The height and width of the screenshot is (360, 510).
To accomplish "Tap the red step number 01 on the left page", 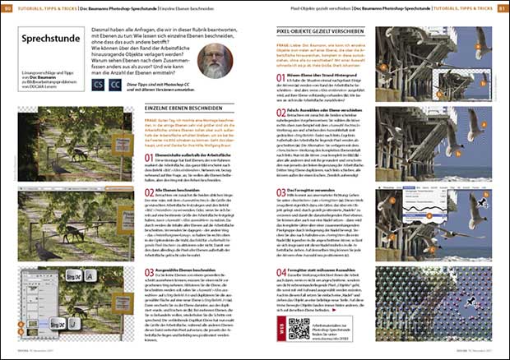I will coord(149,156).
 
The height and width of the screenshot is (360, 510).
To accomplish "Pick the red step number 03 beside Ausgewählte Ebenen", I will coord(149,271).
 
